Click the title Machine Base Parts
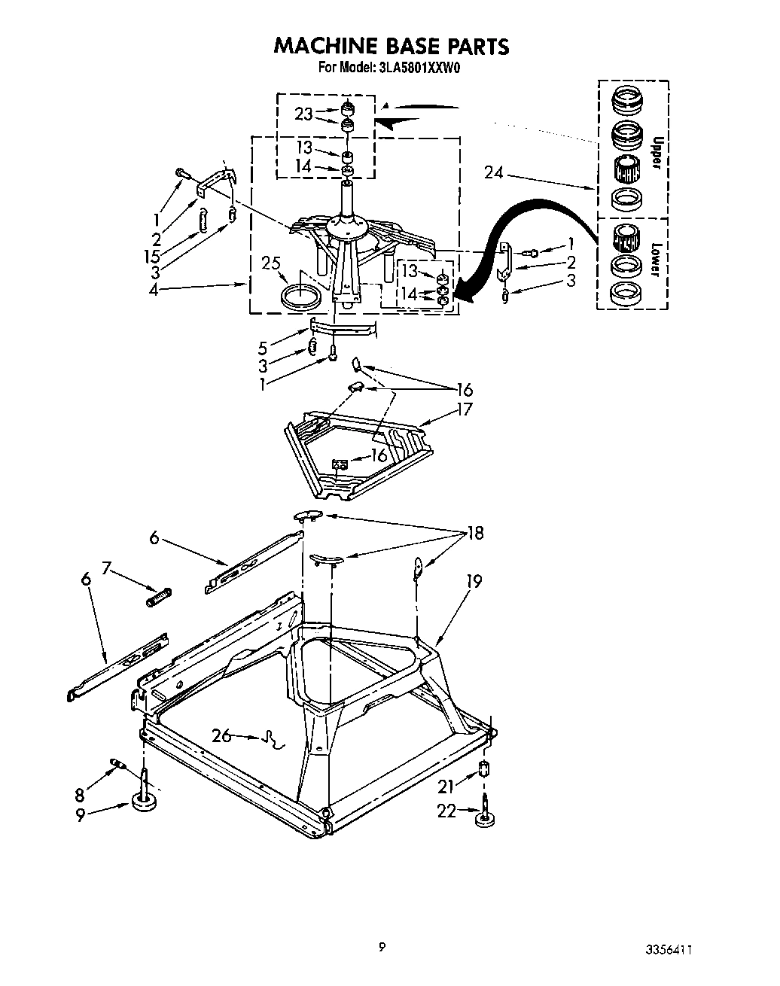(391, 46)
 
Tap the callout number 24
(494, 174)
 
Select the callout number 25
(271, 264)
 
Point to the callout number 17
(465, 409)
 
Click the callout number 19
(474, 581)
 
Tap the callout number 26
(221, 735)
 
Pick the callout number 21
(448, 786)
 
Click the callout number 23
(303, 114)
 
